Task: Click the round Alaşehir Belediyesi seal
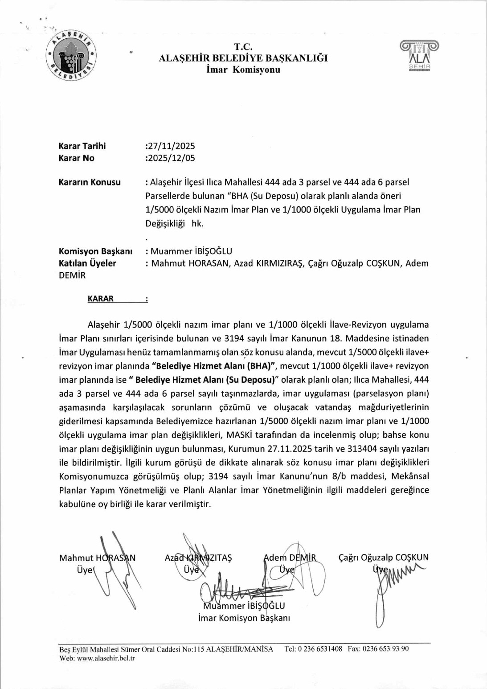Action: coord(71,56)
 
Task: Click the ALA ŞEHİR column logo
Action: coord(419,56)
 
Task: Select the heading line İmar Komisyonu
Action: coord(243,70)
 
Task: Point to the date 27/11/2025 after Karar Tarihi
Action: coord(171,146)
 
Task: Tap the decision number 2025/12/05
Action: coord(171,158)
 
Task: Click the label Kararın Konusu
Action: coord(90,182)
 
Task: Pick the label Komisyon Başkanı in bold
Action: coord(95,251)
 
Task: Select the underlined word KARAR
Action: coord(101,299)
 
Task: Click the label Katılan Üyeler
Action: coord(87,263)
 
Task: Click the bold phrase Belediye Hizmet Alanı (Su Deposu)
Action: coord(205,380)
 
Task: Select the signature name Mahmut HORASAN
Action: coord(97,558)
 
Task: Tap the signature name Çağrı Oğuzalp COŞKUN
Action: coord(384,558)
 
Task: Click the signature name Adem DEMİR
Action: coord(290,558)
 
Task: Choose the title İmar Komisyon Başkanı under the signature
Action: coord(244,618)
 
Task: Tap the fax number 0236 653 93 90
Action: coord(385,649)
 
